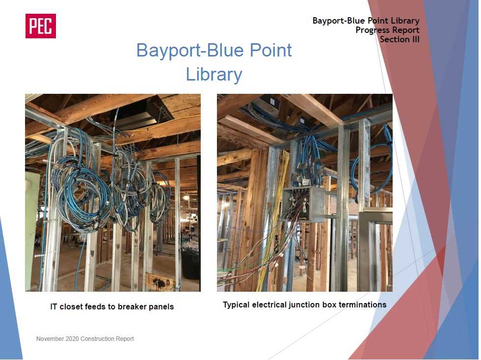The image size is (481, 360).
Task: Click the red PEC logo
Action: point(40,26)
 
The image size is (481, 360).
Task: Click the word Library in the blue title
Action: point(214,75)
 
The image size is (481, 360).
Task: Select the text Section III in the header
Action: point(400,39)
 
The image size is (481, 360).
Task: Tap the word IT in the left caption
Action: point(53,306)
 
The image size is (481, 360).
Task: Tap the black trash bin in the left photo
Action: point(190,263)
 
